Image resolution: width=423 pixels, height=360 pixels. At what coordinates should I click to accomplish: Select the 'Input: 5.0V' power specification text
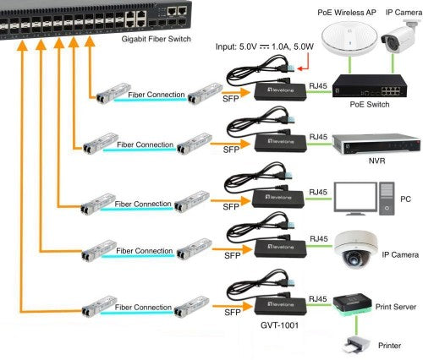tap(237, 49)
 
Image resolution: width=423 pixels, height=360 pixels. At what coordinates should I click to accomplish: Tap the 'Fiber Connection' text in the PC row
tap(143, 205)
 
